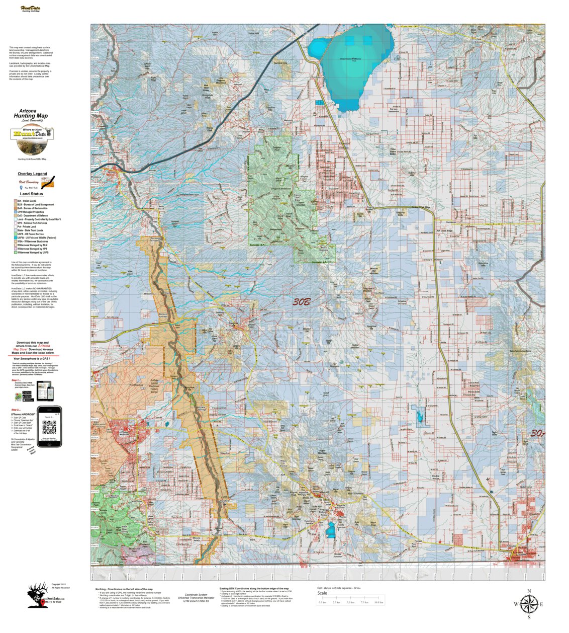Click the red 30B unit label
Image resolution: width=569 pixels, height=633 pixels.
coord(302,302)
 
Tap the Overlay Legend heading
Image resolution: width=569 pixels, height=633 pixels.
coord(32,174)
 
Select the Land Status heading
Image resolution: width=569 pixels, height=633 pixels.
coord(31,194)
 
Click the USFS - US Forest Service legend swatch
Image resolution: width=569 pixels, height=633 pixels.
coord(15,234)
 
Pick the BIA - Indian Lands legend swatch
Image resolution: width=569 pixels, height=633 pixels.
coord(15,201)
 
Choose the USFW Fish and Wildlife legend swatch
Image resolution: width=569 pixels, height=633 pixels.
coord(15,238)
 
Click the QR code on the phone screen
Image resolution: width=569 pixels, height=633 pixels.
coord(49,427)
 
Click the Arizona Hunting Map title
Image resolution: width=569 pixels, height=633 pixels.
coord(31,114)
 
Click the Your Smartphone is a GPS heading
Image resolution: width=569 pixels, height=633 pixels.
coord(34,358)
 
